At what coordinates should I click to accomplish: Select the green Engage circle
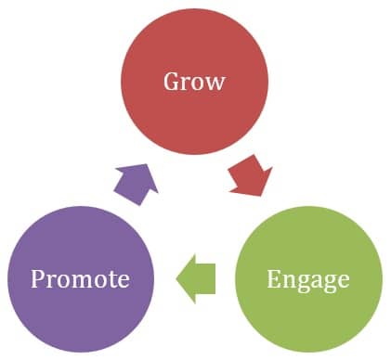coord(307,278)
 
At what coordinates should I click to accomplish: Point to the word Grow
coord(194,82)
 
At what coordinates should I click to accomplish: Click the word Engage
coord(307,278)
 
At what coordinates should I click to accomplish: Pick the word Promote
coord(80,278)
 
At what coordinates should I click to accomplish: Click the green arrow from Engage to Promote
coord(197,277)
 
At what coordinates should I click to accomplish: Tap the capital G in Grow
coord(172,82)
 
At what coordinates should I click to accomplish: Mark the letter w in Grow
coord(215,83)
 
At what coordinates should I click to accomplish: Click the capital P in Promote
coord(36,278)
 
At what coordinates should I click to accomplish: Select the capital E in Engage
coord(271,278)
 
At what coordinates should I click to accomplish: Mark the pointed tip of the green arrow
coord(177,277)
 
